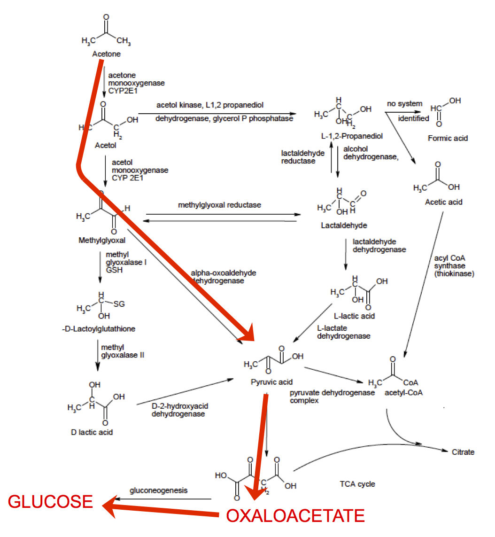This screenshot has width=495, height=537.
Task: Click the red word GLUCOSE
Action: [50, 502]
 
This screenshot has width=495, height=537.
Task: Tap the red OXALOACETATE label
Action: [295, 516]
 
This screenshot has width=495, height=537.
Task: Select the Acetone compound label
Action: [106, 54]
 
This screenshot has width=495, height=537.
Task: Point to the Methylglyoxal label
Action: [102, 241]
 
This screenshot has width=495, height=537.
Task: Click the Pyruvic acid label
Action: [272, 382]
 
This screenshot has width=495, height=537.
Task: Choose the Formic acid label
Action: [448, 138]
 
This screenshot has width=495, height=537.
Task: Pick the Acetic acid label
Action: [443, 202]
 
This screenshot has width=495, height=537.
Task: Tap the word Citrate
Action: [463, 452]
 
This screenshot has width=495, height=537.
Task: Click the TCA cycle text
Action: [357, 484]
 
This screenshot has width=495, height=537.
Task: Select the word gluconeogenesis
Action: [158, 490]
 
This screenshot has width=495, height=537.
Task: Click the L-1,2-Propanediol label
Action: [352, 136]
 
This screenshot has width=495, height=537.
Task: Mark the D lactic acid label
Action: [92, 432]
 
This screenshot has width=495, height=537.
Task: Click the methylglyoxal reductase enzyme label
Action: [219, 205]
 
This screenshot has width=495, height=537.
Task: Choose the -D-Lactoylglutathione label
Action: [98, 329]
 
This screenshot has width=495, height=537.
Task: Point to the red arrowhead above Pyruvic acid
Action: [247, 334]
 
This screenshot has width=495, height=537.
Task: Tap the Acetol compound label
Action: [105, 145]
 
